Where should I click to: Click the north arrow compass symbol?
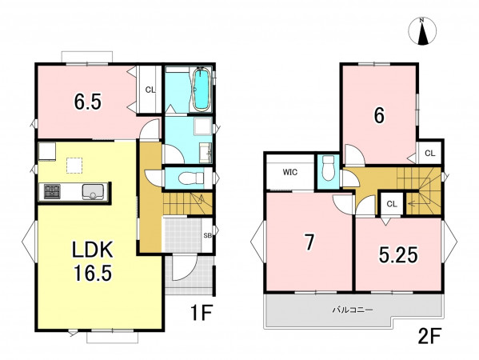tap(422, 31)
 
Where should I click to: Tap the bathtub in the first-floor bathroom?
tap(202, 89)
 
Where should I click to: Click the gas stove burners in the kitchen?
tap(52, 192)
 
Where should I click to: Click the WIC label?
tap(290, 172)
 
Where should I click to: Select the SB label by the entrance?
tap(208, 236)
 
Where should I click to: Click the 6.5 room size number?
tap(88, 102)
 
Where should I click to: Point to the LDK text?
tap(93, 250)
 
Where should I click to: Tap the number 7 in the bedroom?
tap(309, 242)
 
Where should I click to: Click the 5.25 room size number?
tap(398, 255)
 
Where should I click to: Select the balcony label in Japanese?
tap(352, 310)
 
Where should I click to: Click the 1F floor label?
tap(202, 314)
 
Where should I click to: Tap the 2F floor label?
tap(429, 337)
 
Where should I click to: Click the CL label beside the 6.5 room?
tap(150, 90)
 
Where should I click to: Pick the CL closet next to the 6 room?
tap(429, 154)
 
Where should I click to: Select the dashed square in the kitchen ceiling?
tap(74, 166)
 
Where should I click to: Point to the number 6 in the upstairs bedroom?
tap(379, 116)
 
